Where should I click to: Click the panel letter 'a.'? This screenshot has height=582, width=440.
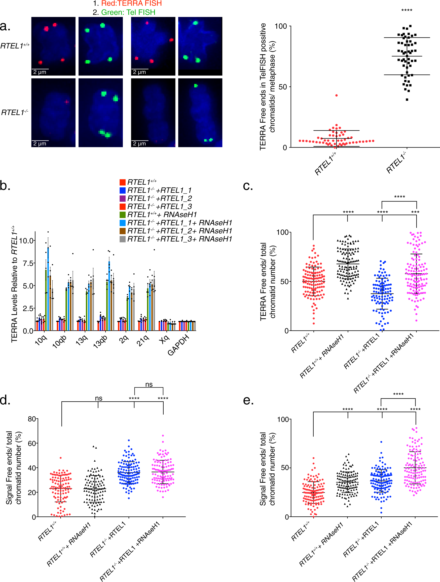[5, 26]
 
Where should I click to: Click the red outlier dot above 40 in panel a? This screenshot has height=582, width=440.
[337, 95]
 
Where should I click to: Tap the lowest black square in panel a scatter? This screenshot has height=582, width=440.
[407, 100]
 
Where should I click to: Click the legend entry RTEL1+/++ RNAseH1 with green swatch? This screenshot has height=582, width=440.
[162, 215]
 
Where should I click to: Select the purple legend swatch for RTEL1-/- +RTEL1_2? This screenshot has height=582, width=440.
[123, 198]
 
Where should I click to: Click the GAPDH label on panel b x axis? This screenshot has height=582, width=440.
[179, 345]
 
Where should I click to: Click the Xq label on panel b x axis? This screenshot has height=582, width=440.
[164, 339]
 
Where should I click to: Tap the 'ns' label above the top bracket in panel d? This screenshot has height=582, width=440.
[149, 384]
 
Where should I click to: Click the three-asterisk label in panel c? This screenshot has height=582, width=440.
[415, 212]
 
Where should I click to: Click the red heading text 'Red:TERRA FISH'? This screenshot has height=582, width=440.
[131, 4]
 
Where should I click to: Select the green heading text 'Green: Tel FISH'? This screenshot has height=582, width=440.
[128, 12]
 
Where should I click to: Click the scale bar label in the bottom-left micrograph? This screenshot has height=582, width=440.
[40, 144]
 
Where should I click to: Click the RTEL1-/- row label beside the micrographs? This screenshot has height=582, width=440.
[15, 113]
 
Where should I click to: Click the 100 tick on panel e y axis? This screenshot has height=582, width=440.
[283, 419]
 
